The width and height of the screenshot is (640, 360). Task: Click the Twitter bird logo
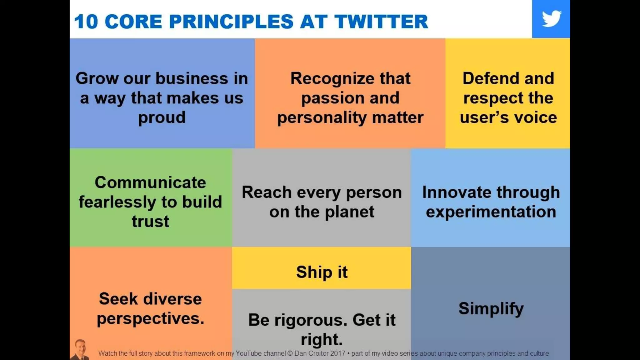point(551,19)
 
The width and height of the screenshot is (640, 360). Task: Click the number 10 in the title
point(86,22)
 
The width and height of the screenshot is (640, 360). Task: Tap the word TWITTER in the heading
point(381,22)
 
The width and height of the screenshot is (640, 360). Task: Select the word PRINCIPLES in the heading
point(231,22)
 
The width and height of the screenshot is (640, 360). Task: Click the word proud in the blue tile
point(162,118)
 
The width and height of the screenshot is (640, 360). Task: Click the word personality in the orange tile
point(322,118)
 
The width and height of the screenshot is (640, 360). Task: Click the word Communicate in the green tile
point(150,182)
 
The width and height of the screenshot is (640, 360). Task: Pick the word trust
point(150,222)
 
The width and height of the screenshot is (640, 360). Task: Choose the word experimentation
point(491,212)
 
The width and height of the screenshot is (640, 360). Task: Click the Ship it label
point(322,272)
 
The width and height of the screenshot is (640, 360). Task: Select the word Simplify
point(491,309)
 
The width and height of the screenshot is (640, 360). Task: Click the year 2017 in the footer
point(337,353)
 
